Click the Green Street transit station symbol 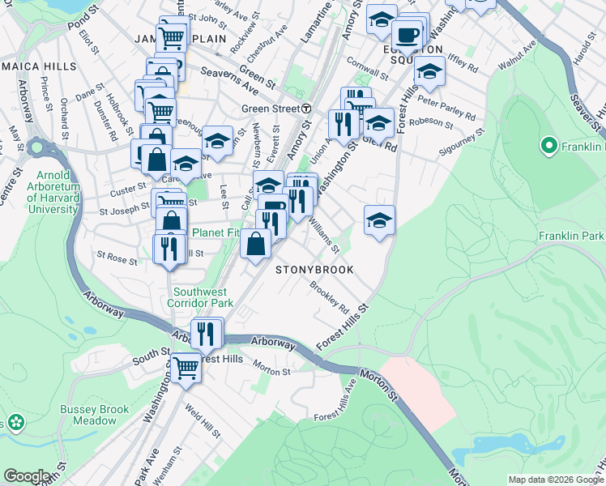pyautogui.click(x=306, y=109)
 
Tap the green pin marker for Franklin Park pyautogui.click(x=548, y=147)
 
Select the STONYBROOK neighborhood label pyautogui.click(x=315, y=270)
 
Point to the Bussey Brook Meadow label pyautogui.click(x=94, y=415)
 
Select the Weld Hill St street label pyautogui.click(x=203, y=421)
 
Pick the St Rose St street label pyautogui.click(x=117, y=258)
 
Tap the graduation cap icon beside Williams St pyautogui.click(x=378, y=220)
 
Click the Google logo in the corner pyautogui.click(x=27, y=476)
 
